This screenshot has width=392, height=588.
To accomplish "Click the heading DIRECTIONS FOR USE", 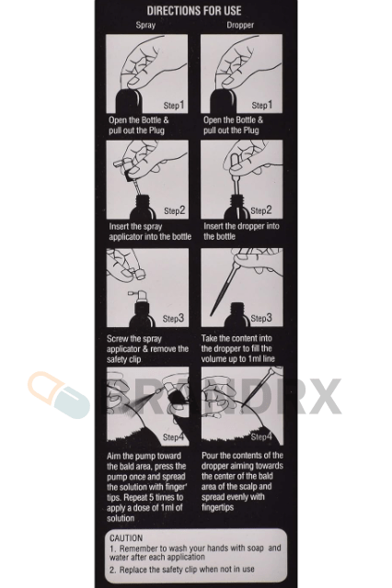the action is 194,10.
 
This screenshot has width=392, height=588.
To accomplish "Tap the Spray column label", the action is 145,25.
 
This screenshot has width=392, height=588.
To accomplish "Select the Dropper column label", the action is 240,25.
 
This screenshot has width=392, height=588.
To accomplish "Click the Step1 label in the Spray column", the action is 174,105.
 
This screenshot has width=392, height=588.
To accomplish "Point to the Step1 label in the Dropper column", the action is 261,105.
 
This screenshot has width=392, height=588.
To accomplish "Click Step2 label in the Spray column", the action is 175,210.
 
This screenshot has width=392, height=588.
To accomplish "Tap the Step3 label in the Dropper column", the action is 261,319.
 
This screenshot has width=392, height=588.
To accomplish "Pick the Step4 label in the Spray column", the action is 174,437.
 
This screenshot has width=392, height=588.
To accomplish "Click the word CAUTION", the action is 126,537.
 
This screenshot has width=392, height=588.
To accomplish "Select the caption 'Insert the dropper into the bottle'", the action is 241,232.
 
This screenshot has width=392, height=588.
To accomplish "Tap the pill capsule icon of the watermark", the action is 58,394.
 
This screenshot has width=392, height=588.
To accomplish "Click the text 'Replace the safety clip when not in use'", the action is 187,570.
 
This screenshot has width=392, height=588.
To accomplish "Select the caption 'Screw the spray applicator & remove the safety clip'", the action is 147,349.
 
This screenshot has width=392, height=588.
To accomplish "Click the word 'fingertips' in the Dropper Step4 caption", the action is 218,507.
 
